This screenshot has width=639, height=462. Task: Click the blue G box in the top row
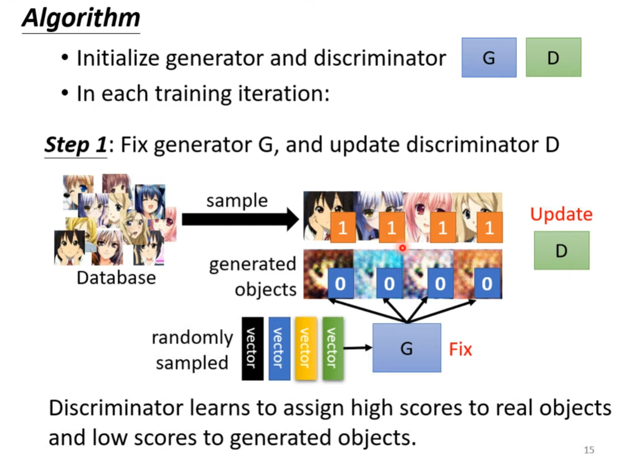coord(489,57)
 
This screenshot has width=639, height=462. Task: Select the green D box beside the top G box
coord(553,57)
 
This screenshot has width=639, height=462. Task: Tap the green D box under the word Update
coord(561,250)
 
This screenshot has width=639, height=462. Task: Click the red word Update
coord(561,214)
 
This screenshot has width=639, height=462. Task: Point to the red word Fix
coord(460,349)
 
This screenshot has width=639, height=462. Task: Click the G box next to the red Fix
coord(407,348)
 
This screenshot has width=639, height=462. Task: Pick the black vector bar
coord(252,348)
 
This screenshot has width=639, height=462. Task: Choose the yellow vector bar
coord(306,348)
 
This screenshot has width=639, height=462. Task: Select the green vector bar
coord(333,348)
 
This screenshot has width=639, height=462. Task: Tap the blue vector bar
coord(279,348)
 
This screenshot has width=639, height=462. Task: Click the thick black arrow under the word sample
coord(240,219)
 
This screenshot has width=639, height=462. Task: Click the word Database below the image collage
coord(116,278)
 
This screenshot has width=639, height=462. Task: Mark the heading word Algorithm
coord(81,18)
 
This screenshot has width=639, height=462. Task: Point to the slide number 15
coord(589,450)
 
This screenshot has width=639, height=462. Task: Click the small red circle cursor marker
coord(402,248)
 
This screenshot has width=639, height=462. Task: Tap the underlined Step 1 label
coord(75,145)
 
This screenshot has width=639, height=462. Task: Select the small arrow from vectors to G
coord(357,347)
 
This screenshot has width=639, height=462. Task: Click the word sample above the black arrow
coord(237,200)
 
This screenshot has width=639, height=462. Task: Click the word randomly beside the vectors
coord(192,338)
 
